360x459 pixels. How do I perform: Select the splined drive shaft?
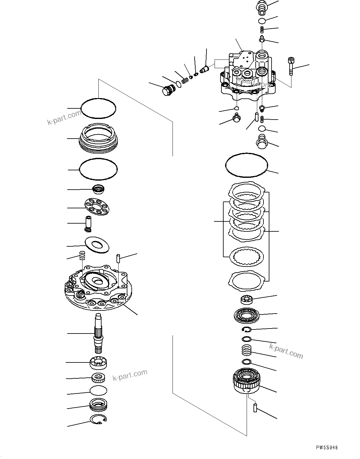[x=99, y=334]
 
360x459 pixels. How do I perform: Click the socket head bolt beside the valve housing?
[x=291, y=66]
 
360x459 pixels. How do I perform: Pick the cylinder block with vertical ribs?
[x=247, y=380]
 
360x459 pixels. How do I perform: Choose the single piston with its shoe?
[x=88, y=224]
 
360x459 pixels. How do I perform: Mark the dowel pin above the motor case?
[x=118, y=258]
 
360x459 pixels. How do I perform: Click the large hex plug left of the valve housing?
[x=167, y=91]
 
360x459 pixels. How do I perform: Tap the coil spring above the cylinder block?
[x=247, y=351]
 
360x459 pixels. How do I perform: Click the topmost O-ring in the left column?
[x=98, y=108]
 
